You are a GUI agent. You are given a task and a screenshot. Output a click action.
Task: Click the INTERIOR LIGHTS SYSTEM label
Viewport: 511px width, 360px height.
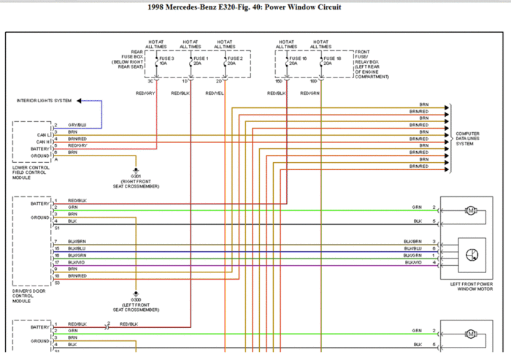coord(44,100)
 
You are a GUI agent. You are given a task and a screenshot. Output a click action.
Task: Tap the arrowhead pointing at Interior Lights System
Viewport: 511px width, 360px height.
coord(79,100)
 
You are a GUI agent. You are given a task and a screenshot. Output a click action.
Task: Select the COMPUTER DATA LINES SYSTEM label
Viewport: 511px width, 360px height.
coord(468,139)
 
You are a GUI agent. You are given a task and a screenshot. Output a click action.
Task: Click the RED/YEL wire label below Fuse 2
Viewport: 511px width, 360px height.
coord(215,93)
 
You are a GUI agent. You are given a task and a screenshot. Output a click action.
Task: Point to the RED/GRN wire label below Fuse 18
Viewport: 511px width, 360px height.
coord(310,93)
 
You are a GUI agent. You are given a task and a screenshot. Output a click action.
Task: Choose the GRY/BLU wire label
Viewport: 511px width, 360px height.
coord(77,125)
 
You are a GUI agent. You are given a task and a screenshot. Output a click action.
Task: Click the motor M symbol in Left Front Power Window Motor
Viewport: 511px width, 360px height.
coord(471,211)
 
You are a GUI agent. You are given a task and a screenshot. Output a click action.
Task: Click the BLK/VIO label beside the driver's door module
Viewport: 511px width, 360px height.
coord(77,262)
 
